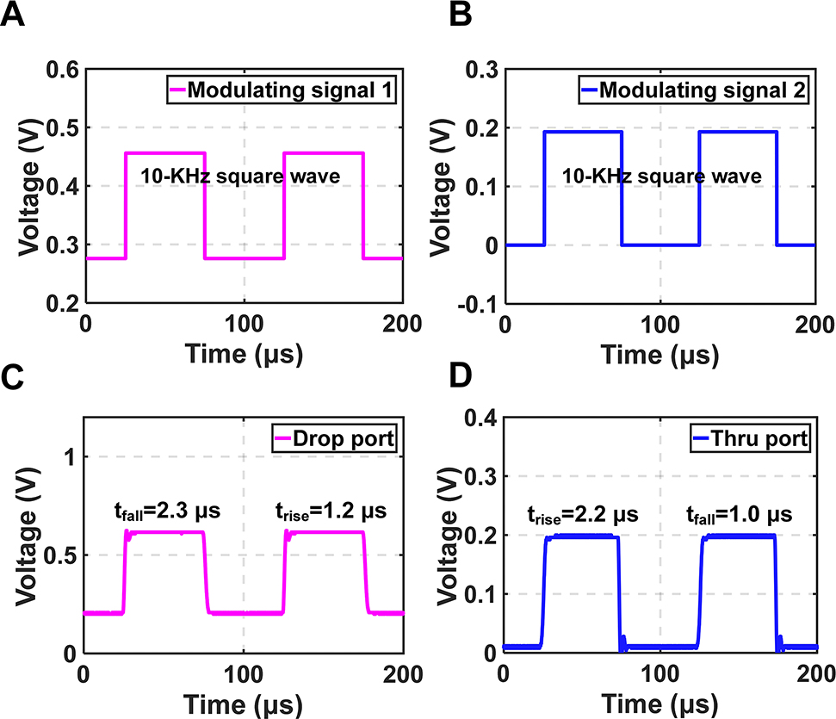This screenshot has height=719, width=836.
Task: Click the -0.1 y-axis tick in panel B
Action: pos(479,303)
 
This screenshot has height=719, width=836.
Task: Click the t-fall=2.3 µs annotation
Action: pos(168,510)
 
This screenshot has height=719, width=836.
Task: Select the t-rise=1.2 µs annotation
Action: pos(325,510)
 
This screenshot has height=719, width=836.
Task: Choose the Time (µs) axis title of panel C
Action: pos(244,703)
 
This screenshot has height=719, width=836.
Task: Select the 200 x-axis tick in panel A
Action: pos(403,324)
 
